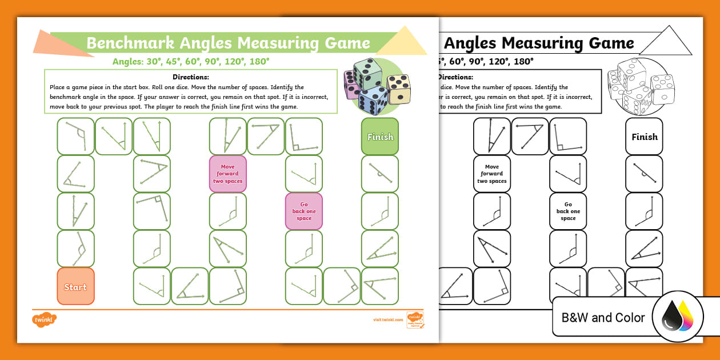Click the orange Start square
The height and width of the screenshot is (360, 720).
pos(75,286)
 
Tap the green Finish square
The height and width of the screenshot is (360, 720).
pos(380,137)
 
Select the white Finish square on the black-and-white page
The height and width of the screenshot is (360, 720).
pos(644,137)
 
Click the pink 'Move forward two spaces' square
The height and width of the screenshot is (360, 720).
pos(227,174)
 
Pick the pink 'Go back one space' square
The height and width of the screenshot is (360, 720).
pos(303,211)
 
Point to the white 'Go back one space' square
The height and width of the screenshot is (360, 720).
pos(568,211)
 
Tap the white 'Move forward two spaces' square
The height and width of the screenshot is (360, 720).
pos(492,174)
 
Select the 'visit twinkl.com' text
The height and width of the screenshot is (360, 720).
pos(388,320)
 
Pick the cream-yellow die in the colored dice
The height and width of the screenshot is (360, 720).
pos(398,89)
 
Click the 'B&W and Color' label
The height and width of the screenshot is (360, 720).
pos(603,318)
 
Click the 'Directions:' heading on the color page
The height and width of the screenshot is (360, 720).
pos(191,77)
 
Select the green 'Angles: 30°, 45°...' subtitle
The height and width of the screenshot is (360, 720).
pos(191,61)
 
